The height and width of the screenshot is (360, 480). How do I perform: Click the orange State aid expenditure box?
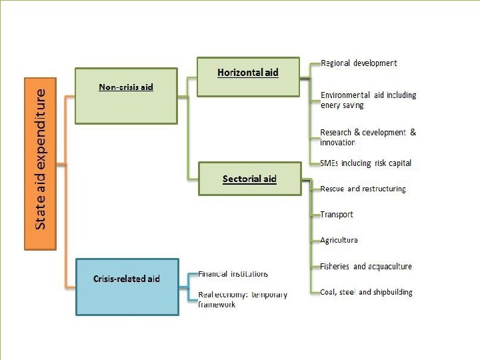pyautogui.click(x=41, y=164)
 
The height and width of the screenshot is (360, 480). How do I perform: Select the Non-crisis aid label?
pyautogui.click(x=126, y=87)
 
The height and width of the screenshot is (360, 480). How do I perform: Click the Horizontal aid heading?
pyautogui.click(x=248, y=72)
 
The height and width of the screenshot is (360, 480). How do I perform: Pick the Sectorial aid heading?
pyautogui.click(x=249, y=179)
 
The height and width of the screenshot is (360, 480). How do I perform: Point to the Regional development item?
pyautogui.click(x=359, y=63)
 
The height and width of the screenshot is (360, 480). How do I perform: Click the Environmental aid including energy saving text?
pyautogui.click(x=368, y=100)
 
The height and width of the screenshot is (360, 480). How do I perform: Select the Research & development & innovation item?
pyautogui.click(x=367, y=137)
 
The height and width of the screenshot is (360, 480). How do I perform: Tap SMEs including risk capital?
pyautogui.click(x=365, y=163)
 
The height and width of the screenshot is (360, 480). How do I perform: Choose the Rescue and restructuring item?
pyautogui.click(x=363, y=189)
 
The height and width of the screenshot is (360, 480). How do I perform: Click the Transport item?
pyautogui.click(x=337, y=215)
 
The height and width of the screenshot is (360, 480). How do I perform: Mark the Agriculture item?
pyautogui.click(x=339, y=240)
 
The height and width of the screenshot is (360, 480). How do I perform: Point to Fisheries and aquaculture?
pyautogui.click(x=366, y=266)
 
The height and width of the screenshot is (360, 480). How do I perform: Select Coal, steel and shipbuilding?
pyautogui.click(x=366, y=292)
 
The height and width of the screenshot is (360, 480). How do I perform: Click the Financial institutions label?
pyautogui.click(x=233, y=274)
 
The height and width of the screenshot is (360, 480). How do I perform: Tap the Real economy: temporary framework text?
pyautogui.click(x=243, y=299)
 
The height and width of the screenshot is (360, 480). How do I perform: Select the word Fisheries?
pyautogui.click(x=335, y=266)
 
